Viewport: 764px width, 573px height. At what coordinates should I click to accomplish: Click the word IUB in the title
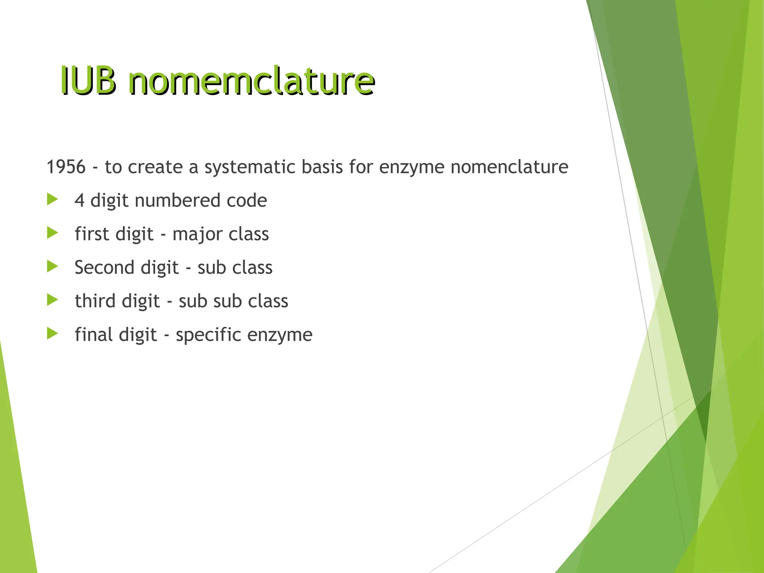tap(88, 81)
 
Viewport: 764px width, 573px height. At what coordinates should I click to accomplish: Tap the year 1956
tap(66, 167)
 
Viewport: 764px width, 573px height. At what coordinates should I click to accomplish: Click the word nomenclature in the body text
tap(509, 167)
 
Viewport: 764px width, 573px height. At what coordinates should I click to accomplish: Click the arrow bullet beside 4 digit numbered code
tap(53, 200)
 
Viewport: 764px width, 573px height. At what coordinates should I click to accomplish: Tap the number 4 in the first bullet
tap(79, 200)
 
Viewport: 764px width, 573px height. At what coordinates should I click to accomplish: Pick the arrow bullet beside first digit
tap(53, 233)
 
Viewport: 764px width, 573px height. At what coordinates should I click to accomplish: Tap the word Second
tap(104, 267)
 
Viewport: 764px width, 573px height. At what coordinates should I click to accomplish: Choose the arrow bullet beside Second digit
tap(53, 266)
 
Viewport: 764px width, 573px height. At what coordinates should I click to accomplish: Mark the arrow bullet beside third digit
tap(53, 300)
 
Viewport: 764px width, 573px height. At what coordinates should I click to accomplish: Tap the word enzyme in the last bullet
tap(280, 335)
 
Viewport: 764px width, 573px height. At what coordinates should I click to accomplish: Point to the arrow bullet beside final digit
tap(53, 334)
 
